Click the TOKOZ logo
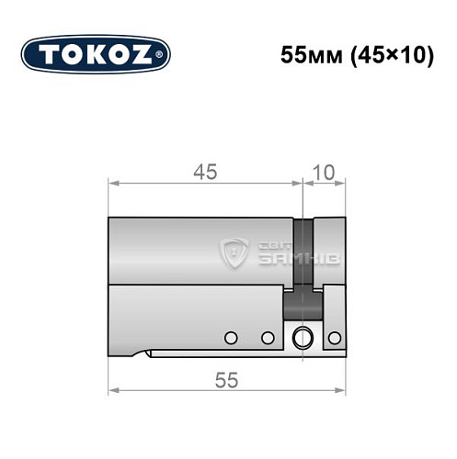pos(96,54)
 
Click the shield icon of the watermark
pos(236,252)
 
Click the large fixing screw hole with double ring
pos(301,338)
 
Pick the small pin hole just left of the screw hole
pos(268,337)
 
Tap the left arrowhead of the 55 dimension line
pos(113,390)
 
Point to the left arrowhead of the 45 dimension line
pos(113,184)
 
